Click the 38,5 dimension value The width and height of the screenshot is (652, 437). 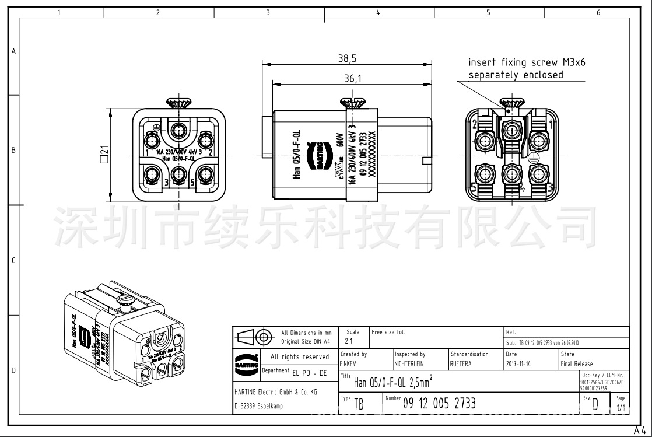coord(347,58)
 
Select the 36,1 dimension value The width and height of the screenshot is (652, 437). coord(352,78)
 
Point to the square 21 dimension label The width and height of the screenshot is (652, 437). coord(104,155)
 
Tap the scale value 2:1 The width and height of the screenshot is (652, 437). coord(349,341)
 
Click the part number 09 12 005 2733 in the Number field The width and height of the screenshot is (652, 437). coord(439,403)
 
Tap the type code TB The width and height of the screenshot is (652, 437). coord(359,405)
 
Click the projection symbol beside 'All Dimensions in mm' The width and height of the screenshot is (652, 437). coord(255,337)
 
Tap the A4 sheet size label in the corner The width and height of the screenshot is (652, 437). coord(642,431)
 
